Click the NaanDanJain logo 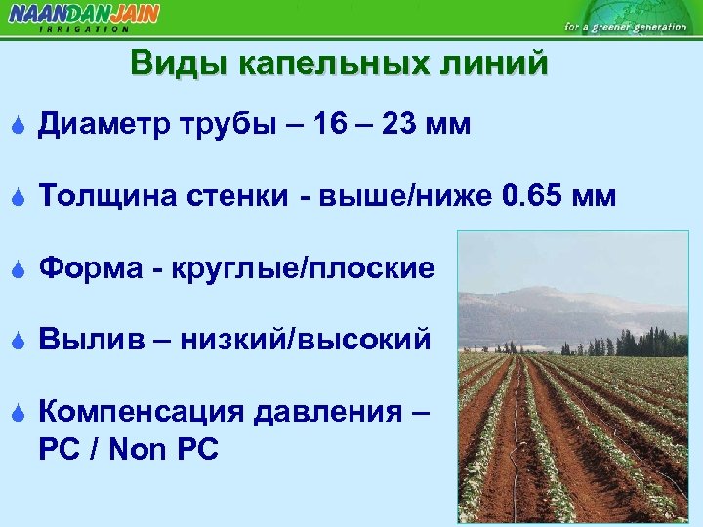click(83, 16)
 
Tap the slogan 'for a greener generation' click(626, 26)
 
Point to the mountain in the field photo click(547, 298)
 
